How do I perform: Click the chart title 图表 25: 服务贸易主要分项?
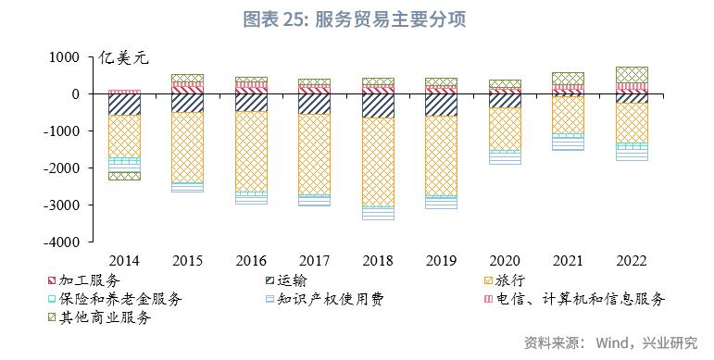point(356,19)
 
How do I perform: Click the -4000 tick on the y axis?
point(65,242)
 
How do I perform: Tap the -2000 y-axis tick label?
point(65,168)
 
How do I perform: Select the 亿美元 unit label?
point(123,57)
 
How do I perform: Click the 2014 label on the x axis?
point(124,262)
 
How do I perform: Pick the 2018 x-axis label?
point(378,262)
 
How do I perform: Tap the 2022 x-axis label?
point(632,262)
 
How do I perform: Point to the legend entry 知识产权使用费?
point(324,298)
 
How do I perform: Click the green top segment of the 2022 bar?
point(632,74)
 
